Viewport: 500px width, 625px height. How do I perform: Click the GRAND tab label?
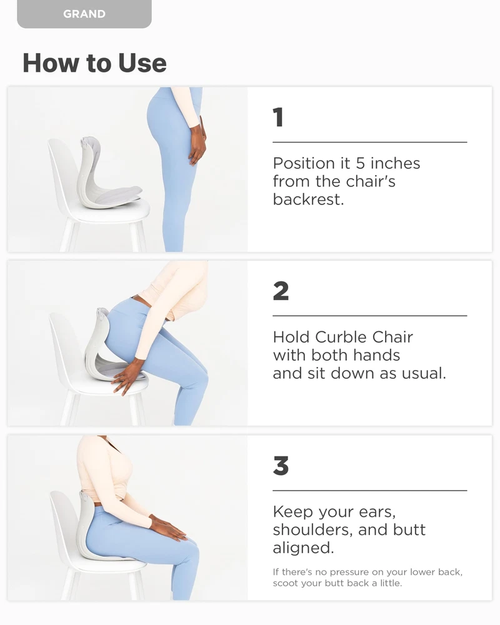pyautogui.click(x=84, y=14)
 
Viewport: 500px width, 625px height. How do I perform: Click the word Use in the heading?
pyautogui.click(x=142, y=63)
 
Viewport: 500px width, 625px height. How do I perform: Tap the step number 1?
pyautogui.click(x=278, y=117)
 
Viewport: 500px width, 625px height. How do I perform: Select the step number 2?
pyautogui.click(x=281, y=291)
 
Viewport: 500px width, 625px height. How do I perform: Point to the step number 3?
pyautogui.click(x=281, y=466)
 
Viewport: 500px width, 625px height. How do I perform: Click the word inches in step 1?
pyautogui.click(x=395, y=163)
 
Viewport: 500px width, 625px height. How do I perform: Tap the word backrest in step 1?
pyautogui.click(x=308, y=199)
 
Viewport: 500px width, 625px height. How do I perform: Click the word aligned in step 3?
pyautogui.click(x=303, y=548)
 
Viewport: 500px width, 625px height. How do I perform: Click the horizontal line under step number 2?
pyautogui.click(x=369, y=316)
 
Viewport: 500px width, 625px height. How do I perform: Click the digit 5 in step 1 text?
pyautogui.click(x=360, y=163)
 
